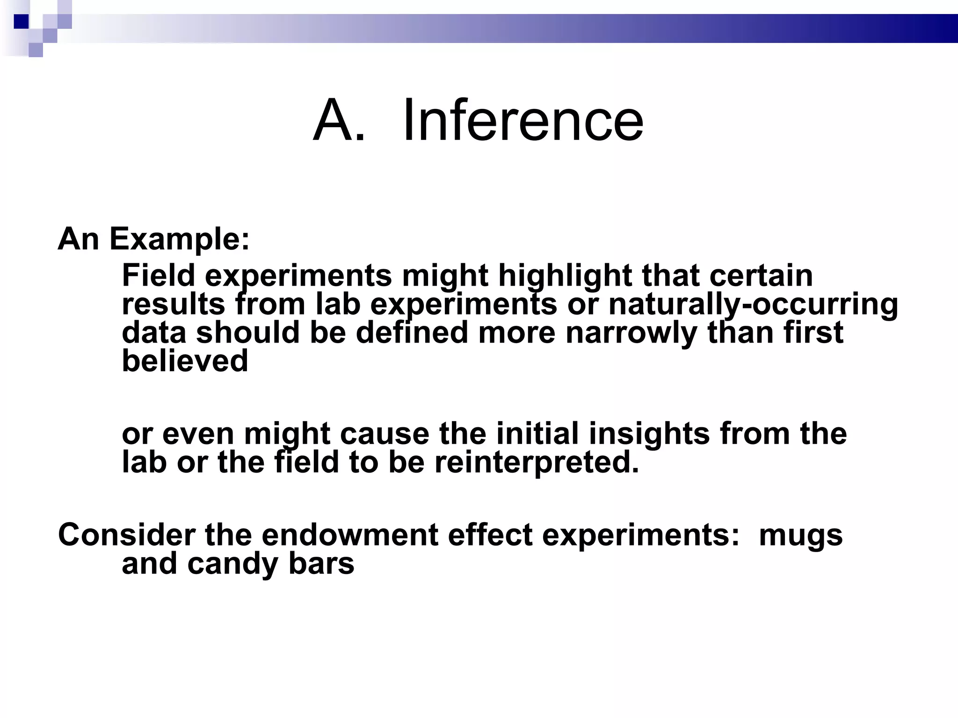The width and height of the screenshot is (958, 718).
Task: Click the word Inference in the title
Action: point(523,121)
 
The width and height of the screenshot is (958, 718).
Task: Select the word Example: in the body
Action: point(180,239)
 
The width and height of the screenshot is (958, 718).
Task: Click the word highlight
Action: point(565,276)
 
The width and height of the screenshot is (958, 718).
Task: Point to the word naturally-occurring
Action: point(753,305)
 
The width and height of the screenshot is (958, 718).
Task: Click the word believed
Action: point(185,361)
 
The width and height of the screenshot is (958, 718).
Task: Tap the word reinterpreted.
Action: point(537,462)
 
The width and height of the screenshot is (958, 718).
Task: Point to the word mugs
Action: point(800,536)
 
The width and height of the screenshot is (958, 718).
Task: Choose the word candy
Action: point(233,564)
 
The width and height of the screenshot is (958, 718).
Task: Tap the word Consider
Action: point(126,535)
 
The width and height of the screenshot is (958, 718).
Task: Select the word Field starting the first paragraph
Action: point(158,276)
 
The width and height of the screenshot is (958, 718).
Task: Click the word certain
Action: point(761,276)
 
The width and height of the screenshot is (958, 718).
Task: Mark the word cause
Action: point(385,433)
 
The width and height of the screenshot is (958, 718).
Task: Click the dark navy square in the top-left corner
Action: point(22,22)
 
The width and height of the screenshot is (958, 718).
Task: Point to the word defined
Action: point(412,333)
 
